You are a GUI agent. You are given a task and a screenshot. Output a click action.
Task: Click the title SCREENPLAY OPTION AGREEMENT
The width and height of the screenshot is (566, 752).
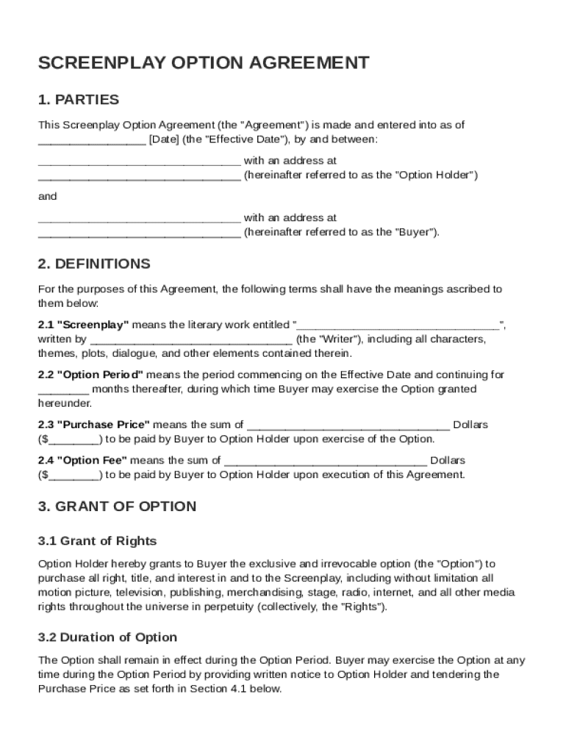pyautogui.click(x=203, y=63)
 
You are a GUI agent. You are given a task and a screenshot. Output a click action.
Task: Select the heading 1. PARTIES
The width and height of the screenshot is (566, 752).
pyautogui.click(x=78, y=100)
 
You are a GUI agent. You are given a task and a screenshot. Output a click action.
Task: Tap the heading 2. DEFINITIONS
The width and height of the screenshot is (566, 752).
pyautogui.click(x=93, y=264)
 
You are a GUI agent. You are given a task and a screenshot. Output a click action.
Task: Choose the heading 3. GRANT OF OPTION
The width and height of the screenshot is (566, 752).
pyautogui.click(x=117, y=506)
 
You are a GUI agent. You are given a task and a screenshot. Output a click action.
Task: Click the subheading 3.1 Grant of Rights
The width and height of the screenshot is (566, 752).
pyautogui.click(x=97, y=541)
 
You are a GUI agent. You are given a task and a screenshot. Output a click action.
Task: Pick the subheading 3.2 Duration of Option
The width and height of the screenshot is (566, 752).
pyautogui.click(x=107, y=637)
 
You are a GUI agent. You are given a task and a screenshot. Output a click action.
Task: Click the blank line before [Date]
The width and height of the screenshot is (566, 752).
pyautogui.click(x=91, y=140)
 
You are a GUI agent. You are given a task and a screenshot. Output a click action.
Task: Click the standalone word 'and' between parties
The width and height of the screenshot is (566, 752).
pyautogui.click(x=47, y=197)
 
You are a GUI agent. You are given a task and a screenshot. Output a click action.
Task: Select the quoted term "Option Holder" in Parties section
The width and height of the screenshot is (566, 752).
pyautogui.click(x=437, y=176)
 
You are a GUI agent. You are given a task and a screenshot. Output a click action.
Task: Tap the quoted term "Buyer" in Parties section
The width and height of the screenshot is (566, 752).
pyautogui.click(x=415, y=233)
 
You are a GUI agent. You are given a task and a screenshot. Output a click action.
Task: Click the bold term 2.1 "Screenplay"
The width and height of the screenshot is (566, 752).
pyautogui.click(x=84, y=325)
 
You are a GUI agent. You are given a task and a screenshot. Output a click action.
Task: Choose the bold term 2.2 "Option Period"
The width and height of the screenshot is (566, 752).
pyautogui.click(x=90, y=375)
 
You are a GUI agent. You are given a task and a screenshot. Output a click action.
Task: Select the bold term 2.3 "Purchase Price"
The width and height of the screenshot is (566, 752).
pyautogui.click(x=93, y=424)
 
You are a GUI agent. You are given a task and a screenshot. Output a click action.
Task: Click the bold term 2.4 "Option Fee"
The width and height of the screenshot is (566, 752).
pyautogui.click(x=82, y=460)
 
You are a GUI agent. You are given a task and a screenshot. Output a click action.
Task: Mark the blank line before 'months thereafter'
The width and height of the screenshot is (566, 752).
pyautogui.click(x=63, y=389)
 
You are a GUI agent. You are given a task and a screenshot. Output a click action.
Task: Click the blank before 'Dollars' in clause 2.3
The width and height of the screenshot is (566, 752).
pyautogui.click(x=348, y=424)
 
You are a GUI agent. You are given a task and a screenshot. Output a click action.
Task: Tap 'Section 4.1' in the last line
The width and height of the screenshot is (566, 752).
pyautogui.click(x=218, y=689)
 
